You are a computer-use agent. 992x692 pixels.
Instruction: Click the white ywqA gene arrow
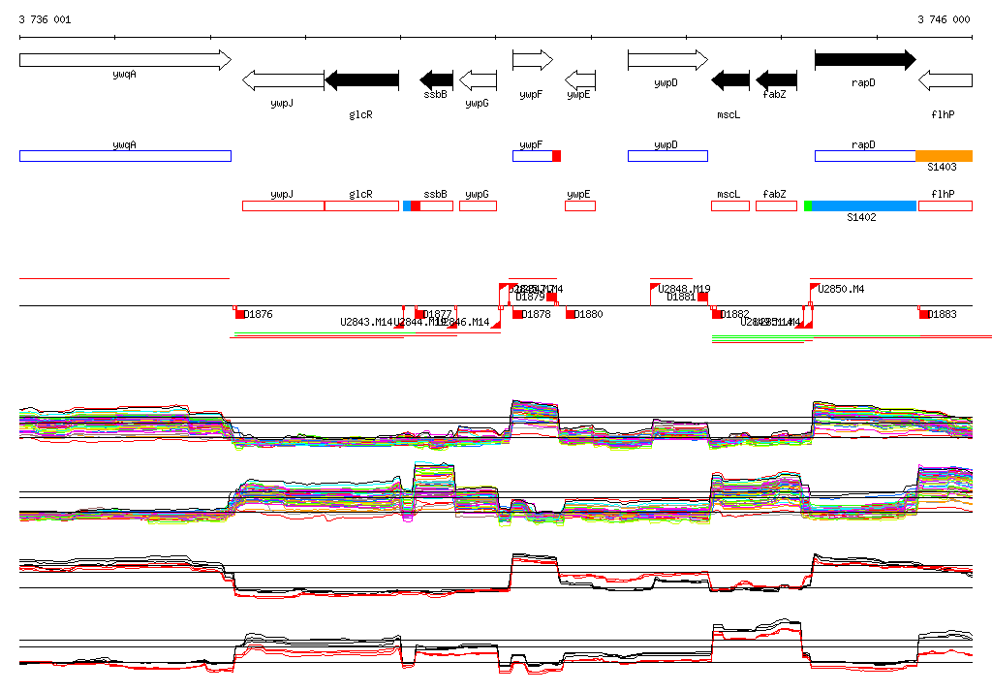click(x=125, y=60)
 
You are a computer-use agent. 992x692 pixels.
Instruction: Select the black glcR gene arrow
click(x=361, y=79)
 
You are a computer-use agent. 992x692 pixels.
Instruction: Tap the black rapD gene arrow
click(x=864, y=60)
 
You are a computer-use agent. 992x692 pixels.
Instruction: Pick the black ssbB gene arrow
click(x=436, y=79)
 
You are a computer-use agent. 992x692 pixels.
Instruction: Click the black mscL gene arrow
click(x=730, y=79)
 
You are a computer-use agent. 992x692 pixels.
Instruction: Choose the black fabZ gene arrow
click(x=776, y=79)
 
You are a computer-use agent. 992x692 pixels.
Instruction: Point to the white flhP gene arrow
click(x=945, y=79)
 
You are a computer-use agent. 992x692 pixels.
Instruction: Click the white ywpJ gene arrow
click(x=282, y=79)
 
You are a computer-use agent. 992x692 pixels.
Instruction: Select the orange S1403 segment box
click(x=944, y=156)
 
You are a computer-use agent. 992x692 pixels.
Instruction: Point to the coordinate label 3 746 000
click(x=944, y=19)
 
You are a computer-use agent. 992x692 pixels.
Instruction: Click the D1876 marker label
click(x=259, y=314)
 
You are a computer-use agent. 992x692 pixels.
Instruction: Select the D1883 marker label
click(x=943, y=314)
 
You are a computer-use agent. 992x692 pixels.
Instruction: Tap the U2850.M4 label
click(x=841, y=289)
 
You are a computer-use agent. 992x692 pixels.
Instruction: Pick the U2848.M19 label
click(x=684, y=289)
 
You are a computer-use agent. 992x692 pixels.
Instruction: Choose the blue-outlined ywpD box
click(x=667, y=156)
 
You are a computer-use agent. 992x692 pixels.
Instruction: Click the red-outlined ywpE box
click(x=580, y=205)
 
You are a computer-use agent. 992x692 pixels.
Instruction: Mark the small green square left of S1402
click(x=807, y=205)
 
